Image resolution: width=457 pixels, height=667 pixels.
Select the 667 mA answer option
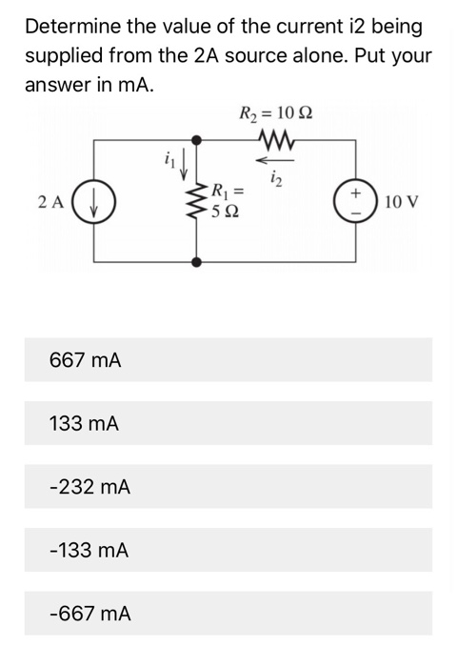tap(228, 360)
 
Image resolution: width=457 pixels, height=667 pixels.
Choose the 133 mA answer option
tap(228, 423)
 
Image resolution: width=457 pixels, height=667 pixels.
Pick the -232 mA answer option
tap(228, 487)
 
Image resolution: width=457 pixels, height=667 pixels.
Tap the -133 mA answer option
tap(228, 550)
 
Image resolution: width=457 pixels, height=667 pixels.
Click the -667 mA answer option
tap(228, 614)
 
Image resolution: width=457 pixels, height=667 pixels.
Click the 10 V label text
tap(404, 202)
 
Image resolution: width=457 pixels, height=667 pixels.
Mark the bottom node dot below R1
tap(198, 260)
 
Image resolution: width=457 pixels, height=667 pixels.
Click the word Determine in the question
tap(64, 26)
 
